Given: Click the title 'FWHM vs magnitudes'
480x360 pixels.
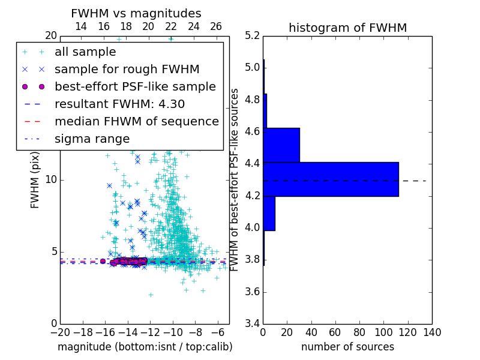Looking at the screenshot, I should [136, 13].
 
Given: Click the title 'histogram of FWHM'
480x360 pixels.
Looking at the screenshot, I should [347, 28].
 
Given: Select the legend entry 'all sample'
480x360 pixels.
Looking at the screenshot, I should [85, 52].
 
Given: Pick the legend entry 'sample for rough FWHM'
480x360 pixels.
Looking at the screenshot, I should [127, 70].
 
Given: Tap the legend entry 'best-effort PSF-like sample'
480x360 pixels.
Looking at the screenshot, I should [135, 87].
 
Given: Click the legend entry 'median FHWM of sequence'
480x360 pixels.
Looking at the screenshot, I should [136, 122].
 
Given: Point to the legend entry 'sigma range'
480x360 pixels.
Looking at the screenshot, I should [92, 139].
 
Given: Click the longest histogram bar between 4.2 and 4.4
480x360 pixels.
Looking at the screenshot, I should [331, 179].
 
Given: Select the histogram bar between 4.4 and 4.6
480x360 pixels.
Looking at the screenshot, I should [281, 145].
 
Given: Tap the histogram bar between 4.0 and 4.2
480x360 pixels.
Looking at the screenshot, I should [269, 213].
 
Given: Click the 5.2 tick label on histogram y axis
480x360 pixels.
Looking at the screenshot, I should [252, 35].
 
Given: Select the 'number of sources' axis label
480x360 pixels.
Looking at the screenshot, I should [347, 347].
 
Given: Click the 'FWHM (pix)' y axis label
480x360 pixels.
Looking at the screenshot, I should [35, 179].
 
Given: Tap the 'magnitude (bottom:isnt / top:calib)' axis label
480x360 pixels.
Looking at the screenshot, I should [145, 347].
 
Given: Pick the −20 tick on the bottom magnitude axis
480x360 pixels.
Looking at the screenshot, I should [60, 332].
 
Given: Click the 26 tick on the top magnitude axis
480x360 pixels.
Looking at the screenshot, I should [216, 26].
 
